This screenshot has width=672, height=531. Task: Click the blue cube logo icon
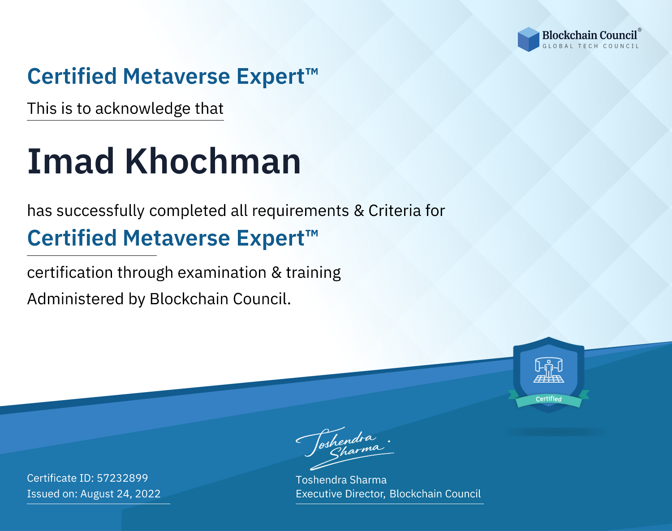[x=528, y=39]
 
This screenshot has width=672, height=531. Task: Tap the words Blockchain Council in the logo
[x=590, y=35]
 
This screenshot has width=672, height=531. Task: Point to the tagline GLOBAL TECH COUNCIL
[x=591, y=46]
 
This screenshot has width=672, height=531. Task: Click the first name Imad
[x=71, y=161]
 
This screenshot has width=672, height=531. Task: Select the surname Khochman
[x=213, y=161]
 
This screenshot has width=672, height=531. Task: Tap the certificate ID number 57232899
[x=122, y=478]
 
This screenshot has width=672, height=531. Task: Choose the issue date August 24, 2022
[x=120, y=494]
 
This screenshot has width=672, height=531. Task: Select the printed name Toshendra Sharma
[x=341, y=480]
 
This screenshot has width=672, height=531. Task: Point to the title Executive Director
[x=340, y=494]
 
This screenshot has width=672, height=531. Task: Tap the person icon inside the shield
[x=549, y=369]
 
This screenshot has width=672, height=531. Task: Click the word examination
[x=222, y=272]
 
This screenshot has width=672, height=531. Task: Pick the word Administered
[x=75, y=299]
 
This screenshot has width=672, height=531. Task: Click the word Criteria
[x=394, y=211]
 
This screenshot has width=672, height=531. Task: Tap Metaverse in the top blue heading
[x=177, y=77]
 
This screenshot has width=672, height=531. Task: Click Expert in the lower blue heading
[x=271, y=238]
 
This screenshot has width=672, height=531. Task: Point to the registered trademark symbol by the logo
[x=639, y=30]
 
